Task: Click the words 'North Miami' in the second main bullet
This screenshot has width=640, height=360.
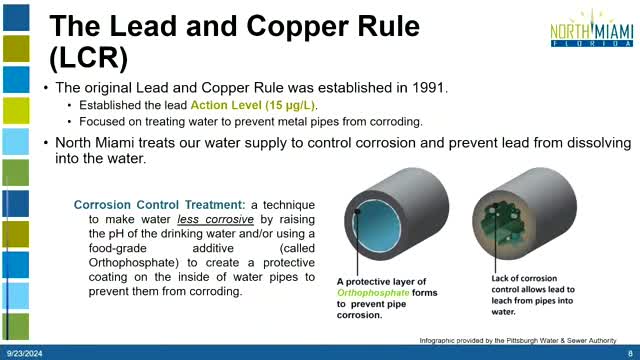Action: coord(104,143)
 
